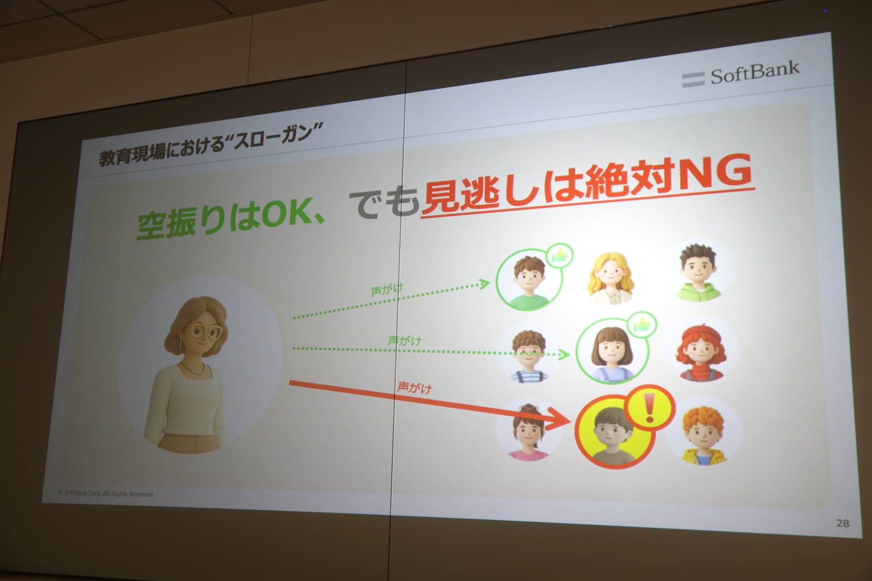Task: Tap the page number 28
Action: [842, 523]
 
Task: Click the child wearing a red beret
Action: [699, 352]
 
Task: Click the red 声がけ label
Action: [415, 388]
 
